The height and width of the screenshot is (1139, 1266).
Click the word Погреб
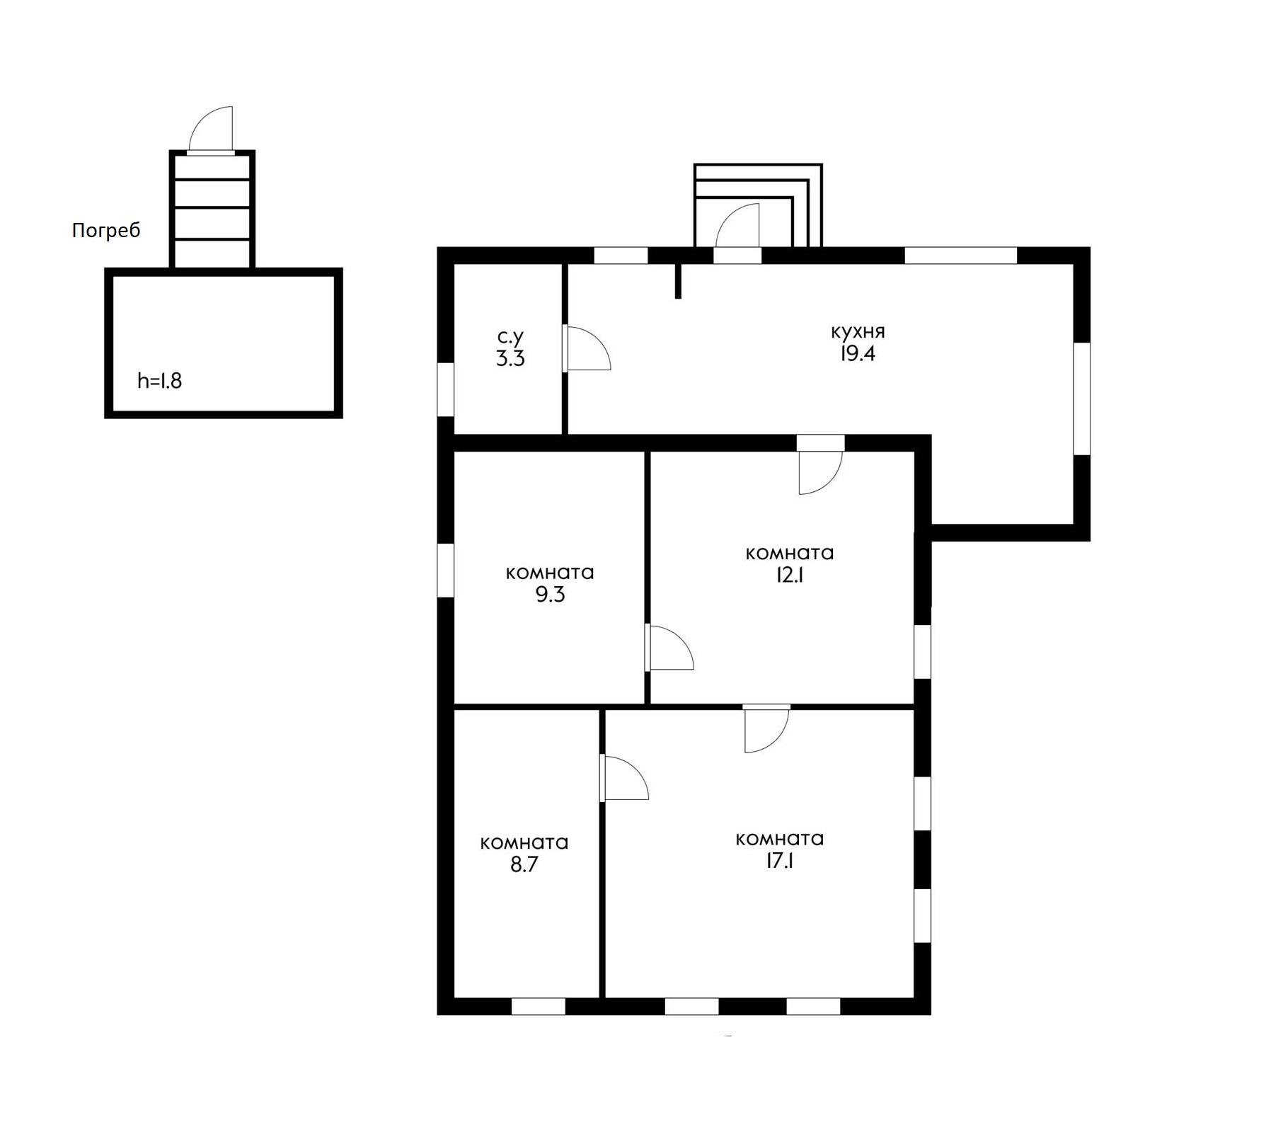tap(106, 231)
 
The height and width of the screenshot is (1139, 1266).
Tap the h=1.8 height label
tap(160, 381)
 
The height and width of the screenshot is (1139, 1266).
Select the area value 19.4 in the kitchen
tap(858, 354)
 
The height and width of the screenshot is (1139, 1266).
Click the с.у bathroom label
tap(510, 337)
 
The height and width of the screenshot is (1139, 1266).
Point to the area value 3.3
tap(510, 359)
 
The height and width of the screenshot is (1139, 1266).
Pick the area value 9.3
tap(550, 595)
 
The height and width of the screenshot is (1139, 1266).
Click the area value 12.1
tap(790, 575)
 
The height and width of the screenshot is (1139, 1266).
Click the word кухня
tap(858, 331)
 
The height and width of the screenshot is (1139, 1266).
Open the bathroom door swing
tap(587, 348)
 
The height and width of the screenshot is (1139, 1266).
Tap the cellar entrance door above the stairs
tap(211, 130)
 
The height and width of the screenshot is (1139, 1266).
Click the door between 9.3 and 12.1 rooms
tap(669, 647)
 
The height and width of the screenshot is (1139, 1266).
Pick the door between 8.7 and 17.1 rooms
tap(624, 778)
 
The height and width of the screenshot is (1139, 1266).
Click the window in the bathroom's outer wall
tap(445, 389)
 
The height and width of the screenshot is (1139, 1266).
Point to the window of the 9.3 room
tap(445, 571)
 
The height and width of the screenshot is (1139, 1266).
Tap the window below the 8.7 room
tap(539, 1006)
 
